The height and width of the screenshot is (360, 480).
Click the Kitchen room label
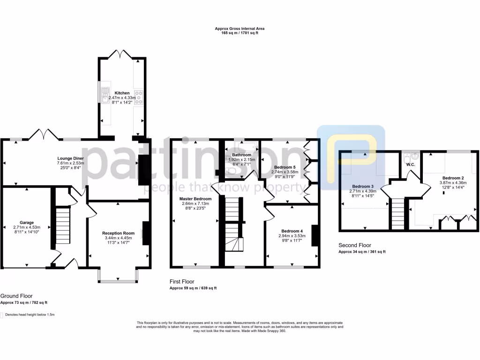[122, 93]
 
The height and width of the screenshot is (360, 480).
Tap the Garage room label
[26, 223]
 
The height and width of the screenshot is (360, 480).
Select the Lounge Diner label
[70, 158]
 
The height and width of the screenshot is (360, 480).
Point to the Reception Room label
[119, 233]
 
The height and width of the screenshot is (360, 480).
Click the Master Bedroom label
[195, 199]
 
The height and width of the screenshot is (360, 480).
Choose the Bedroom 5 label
[285, 167]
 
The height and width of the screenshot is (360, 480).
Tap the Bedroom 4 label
[292, 231]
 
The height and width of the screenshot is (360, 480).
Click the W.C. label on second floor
[411, 165]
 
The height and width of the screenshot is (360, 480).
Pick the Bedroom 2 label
[453, 178]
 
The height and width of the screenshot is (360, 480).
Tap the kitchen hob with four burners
[139, 97]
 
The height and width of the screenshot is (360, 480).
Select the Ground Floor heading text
[16, 296]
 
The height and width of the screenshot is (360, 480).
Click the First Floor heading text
[182, 282]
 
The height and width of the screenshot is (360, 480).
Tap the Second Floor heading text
[355, 245]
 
